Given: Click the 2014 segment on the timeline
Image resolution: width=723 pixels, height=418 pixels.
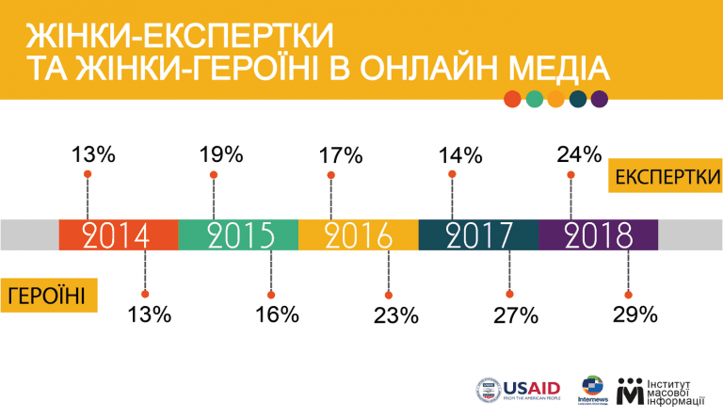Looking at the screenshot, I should pos(118,234).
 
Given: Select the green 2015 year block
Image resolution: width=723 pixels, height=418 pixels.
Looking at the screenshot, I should pos(238,234).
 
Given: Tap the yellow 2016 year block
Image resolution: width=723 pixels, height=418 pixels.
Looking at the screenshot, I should pos(359,234).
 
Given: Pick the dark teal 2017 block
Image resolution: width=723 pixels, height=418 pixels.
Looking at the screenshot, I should pos(478,234).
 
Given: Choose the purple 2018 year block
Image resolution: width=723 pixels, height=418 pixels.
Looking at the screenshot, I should pos(598,234).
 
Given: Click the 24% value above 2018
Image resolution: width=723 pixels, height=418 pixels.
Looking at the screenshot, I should pos(578,153).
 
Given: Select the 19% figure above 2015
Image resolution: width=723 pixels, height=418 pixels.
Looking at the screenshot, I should pos(221,153).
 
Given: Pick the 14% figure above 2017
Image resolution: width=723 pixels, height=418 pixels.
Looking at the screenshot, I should pos(460,153).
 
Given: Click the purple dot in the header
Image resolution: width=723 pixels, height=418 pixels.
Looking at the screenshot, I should pos(600,98).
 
